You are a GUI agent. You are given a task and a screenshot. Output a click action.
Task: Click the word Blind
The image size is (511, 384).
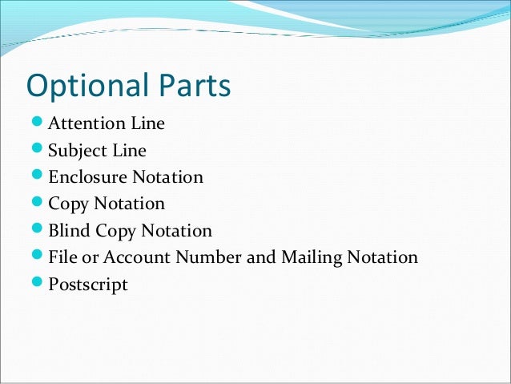tap(69, 231)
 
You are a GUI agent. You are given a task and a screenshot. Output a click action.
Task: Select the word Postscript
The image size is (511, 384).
tap(88, 285)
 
